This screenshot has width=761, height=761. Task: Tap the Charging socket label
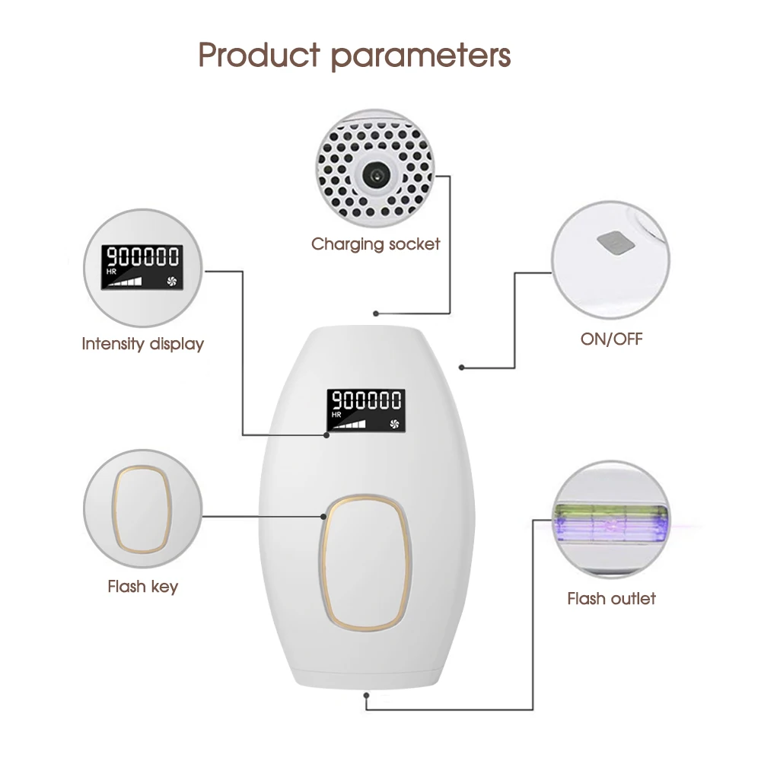click(375, 244)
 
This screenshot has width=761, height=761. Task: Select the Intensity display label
click(143, 344)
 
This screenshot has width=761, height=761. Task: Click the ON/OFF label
click(611, 339)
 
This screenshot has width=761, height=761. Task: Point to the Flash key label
click(142, 587)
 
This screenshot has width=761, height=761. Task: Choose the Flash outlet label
click(611, 598)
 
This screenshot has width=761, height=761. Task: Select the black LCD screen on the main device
click(366, 409)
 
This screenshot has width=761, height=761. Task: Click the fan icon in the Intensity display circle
click(170, 280)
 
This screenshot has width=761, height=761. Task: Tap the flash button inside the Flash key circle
click(142, 510)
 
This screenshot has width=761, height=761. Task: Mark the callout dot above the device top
click(376, 313)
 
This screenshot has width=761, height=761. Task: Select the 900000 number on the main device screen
click(366, 400)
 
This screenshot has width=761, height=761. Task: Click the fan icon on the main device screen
click(393, 420)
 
